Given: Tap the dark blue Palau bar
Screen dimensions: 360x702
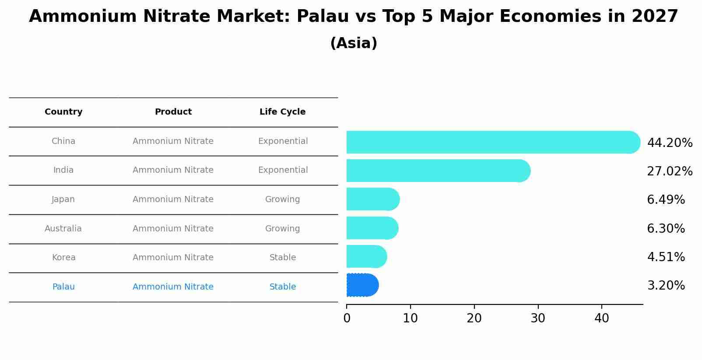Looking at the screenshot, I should coord(362,285).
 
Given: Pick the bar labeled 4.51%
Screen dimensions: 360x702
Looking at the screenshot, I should coord(366,256).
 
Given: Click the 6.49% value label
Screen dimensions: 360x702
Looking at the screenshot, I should coord(666,200).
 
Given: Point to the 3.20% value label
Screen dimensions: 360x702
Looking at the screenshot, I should coord(666,286).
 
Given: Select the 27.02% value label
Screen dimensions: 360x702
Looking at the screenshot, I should coord(670,171).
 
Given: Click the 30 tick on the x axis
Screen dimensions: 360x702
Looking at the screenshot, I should coord(538,318).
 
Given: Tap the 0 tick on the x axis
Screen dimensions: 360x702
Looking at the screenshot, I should coord(347,318).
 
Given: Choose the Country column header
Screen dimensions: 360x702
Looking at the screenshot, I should coord(63,112).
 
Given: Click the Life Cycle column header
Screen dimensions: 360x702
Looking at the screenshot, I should coord(282,112).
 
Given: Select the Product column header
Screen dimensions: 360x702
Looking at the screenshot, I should coord(173,112).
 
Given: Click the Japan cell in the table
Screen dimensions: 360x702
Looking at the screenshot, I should coord(63,199).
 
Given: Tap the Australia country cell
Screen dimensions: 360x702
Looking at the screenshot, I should coord(63,229).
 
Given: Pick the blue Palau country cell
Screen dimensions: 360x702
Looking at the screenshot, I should coord(63,287).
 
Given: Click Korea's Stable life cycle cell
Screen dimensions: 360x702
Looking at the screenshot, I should coord(282,258).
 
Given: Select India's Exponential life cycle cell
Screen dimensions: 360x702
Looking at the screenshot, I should coord(283,170).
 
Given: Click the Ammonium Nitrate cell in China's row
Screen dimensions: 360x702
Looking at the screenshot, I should coord(173,141).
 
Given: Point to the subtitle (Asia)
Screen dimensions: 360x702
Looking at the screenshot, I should coord(354,43).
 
